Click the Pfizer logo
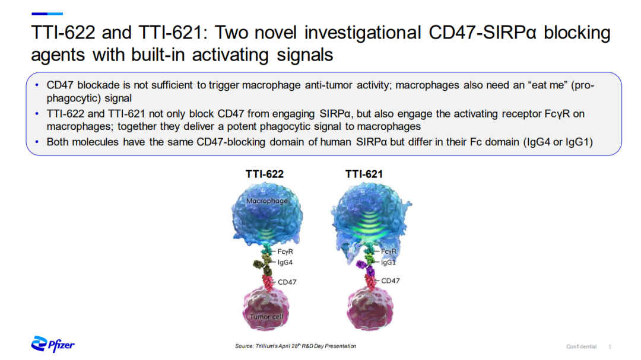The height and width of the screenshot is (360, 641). (x=53, y=344)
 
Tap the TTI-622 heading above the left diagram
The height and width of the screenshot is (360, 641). (x=265, y=174)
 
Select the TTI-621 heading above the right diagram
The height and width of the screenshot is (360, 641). (x=364, y=174)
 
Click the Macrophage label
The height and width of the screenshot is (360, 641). (x=267, y=200)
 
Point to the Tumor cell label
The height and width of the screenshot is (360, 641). (x=266, y=317)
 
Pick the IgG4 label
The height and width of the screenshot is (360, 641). (x=285, y=262)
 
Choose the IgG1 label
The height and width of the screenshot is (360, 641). (x=388, y=262)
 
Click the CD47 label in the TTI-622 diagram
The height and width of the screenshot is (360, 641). (x=287, y=282)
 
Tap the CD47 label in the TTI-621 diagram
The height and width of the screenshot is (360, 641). (x=391, y=281)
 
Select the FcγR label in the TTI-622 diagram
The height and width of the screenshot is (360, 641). (x=285, y=251)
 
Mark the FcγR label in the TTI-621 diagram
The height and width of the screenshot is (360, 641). (x=388, y=251)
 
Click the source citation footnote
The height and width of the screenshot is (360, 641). (x=296, y=346)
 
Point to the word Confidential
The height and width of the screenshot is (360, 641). (x=581, y=346)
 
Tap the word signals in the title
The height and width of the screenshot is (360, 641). (x=305, y=55)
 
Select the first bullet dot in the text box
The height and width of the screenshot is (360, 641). (x=37, y=85)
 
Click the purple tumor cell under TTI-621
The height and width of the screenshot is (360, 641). (x=370, y=308)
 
